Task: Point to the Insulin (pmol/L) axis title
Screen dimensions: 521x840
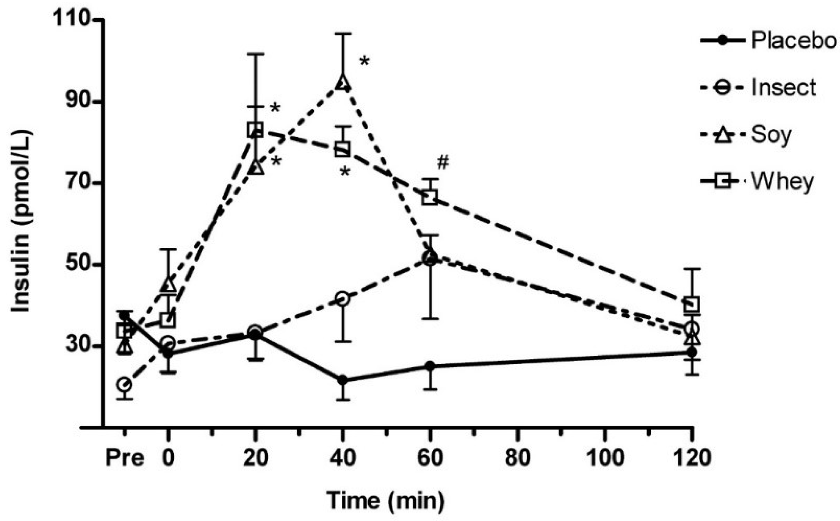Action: coord(21,222)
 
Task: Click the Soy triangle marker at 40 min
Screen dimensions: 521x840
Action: coord(342,82)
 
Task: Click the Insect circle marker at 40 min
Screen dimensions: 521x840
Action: coord(342,299)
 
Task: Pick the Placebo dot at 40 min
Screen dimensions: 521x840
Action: coord(342,380)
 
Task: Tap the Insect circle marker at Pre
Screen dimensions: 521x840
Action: coord(124,384)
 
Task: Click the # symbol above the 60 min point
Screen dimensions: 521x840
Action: coord(443,163)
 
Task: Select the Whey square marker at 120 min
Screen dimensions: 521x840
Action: coord(692,304)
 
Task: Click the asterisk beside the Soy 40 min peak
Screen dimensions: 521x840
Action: coord(364,61)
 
